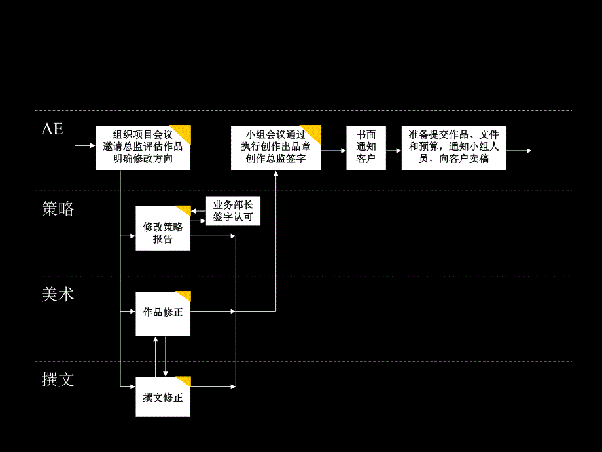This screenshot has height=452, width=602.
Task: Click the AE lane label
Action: [x=52, y=129]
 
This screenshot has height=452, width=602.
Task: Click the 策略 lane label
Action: [x=58, y=209]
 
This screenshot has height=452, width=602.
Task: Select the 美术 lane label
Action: [x=58, y=295]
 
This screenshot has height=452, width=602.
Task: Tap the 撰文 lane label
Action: [x=58, y=379]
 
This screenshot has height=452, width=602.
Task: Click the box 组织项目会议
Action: [x=143, y=148]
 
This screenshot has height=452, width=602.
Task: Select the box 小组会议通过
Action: [x=275, y=148]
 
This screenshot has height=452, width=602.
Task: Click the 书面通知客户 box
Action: [x=366, y=148]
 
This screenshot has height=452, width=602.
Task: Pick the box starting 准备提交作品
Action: [x=453, y=148]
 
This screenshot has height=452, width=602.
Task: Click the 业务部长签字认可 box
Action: [x=232, y=211]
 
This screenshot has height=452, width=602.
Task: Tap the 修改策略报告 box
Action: [x=163, y=229]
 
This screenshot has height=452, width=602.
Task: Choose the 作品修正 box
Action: [x=163, y=313]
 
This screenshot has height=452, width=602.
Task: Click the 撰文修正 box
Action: [x=163, y=397]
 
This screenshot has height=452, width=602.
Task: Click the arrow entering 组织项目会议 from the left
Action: [x=85, y=145]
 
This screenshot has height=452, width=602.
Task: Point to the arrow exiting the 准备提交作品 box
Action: [x=519, y=151]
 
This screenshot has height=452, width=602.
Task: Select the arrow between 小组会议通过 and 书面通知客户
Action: [x=334, y=151]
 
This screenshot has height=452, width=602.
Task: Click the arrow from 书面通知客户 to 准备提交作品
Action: [x=393, y=151]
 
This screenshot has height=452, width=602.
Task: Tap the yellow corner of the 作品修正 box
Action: [x=185, y=295]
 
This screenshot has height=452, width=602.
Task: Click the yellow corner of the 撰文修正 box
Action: [x=185, y=381]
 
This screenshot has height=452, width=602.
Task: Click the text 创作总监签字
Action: [x=275, y=159]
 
